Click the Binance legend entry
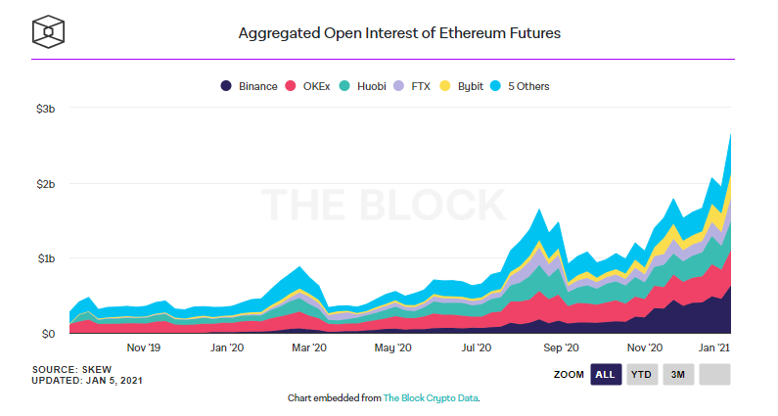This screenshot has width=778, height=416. (x=251, y=86)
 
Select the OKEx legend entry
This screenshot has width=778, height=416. (x=312, y=86)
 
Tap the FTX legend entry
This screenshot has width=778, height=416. (x=418, y=86)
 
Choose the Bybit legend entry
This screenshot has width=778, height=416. (x=466, y=86)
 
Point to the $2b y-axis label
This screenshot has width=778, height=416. (x=45, y=183)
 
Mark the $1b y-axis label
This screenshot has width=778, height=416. (x=45, y=258)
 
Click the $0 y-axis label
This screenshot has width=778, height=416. (x=48, y=334)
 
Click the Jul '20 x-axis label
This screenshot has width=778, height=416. (x=476, y=347)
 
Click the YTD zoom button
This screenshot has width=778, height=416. (x=642, y=374)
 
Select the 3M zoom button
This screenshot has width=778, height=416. (x=678, y=374)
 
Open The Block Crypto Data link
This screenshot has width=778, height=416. (x=430, y=398)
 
